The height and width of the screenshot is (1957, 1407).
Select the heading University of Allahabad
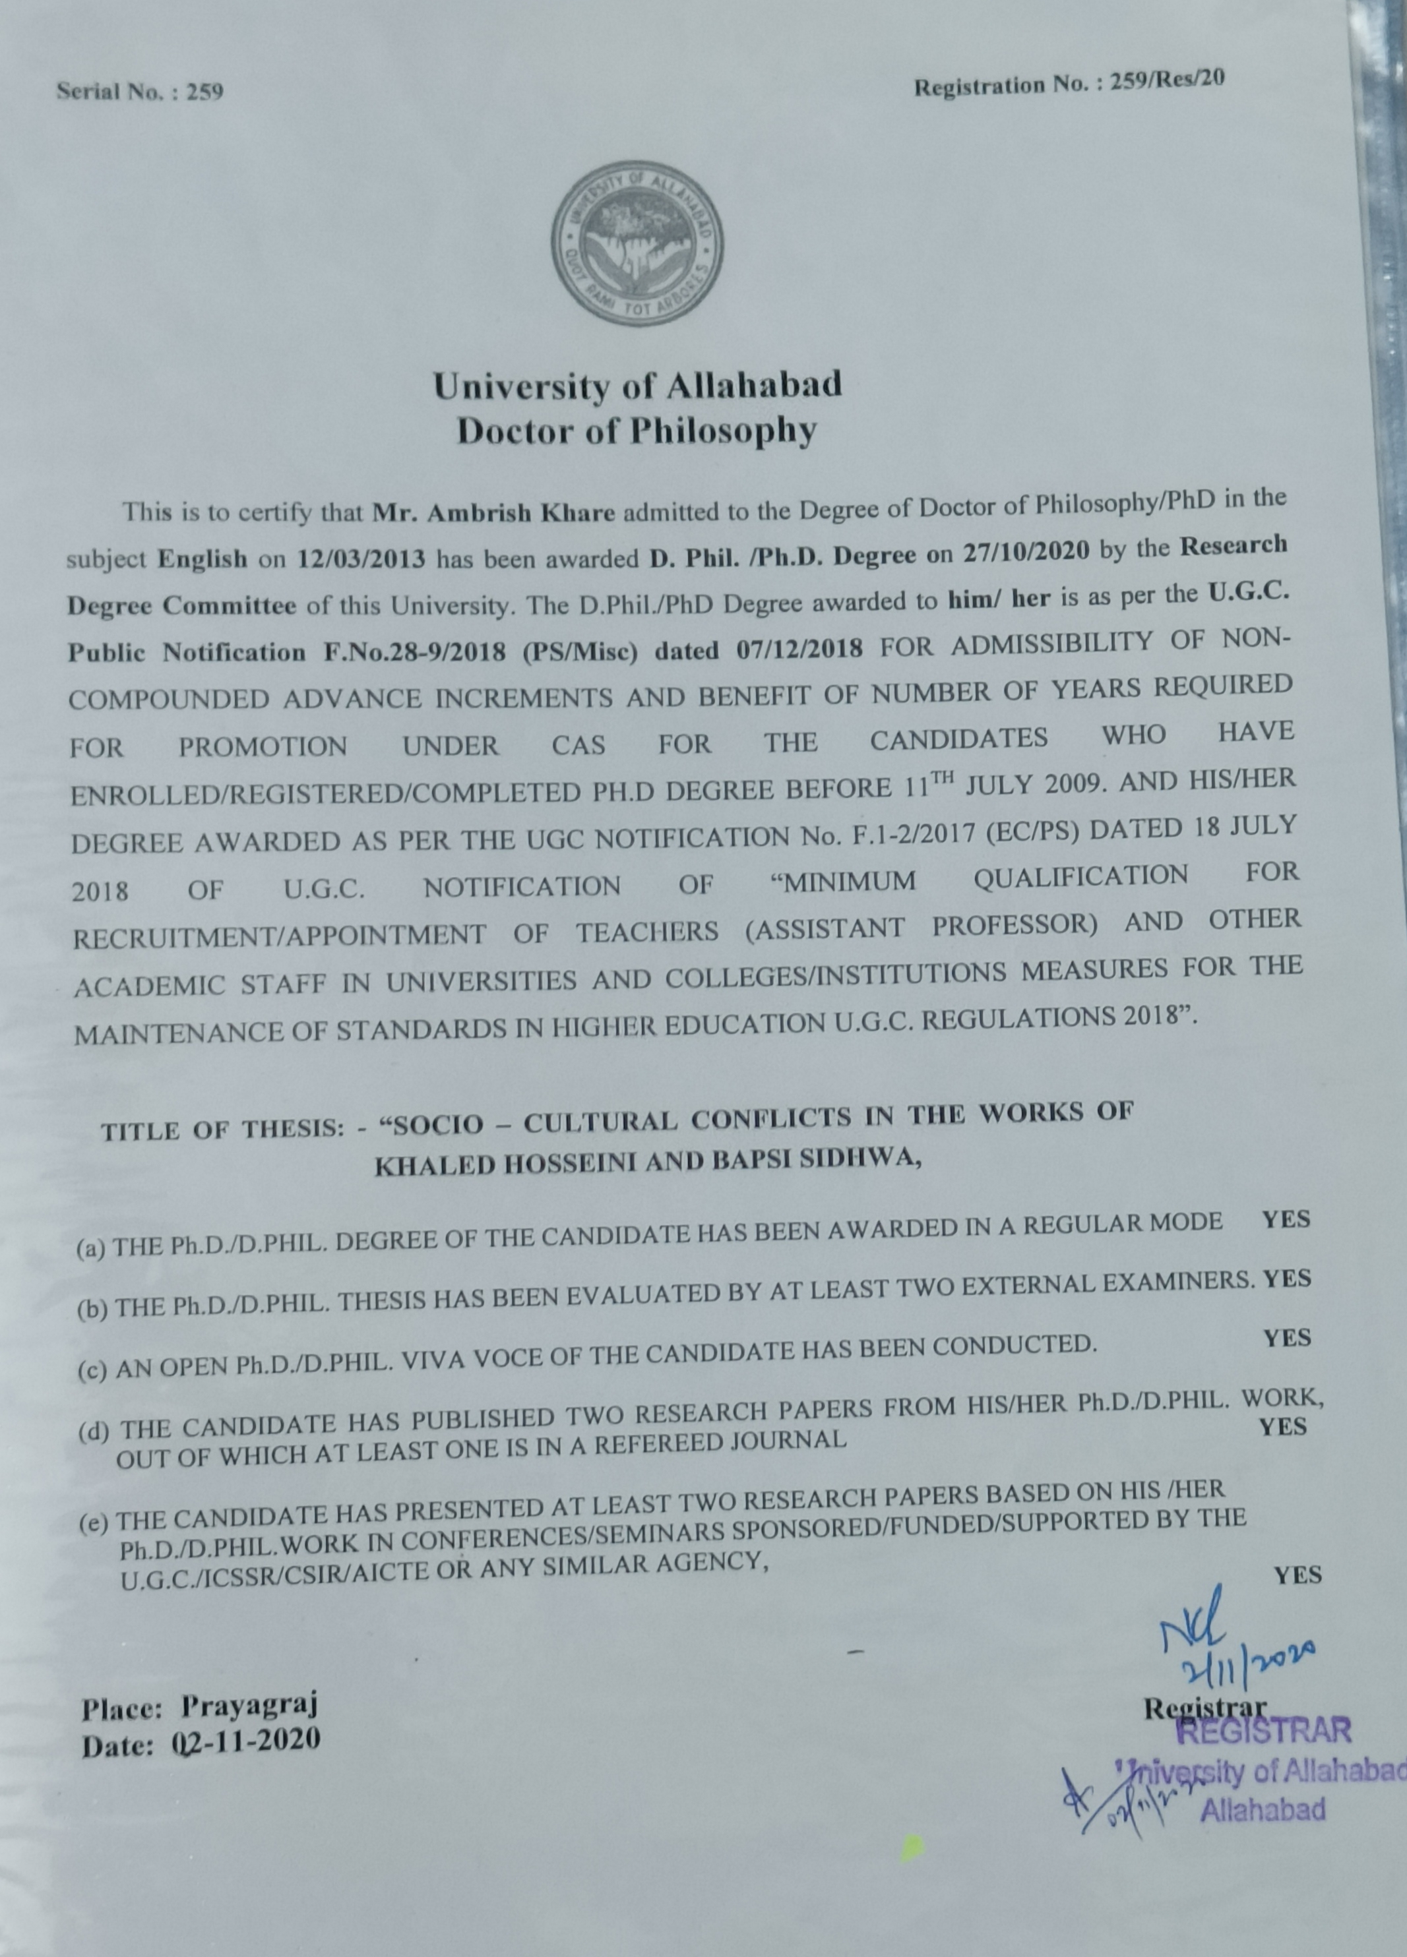[x=637, y=386]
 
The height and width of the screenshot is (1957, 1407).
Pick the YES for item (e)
[x=1298, y=1576]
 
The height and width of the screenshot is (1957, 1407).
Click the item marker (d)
[x=93, y=1433]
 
